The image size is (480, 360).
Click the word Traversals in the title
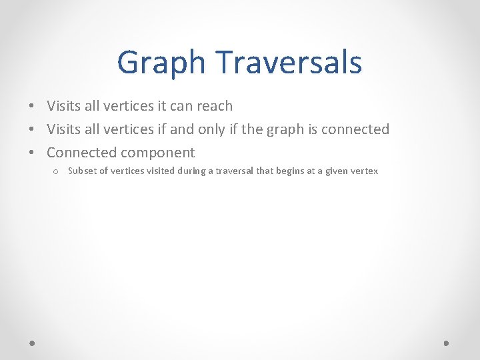point(289,62)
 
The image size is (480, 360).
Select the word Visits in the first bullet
point(64,106)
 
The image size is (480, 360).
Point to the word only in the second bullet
point(211,129)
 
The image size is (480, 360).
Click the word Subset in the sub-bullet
point(82,171)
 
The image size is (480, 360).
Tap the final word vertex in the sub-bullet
point(365,171)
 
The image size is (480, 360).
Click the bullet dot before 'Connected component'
point(31,153)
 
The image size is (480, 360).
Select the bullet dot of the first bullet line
point(31,106)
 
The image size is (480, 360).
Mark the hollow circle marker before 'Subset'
point(56,171)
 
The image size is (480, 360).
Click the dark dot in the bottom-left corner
point(32,343)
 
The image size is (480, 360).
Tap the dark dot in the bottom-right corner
point(447,343)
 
